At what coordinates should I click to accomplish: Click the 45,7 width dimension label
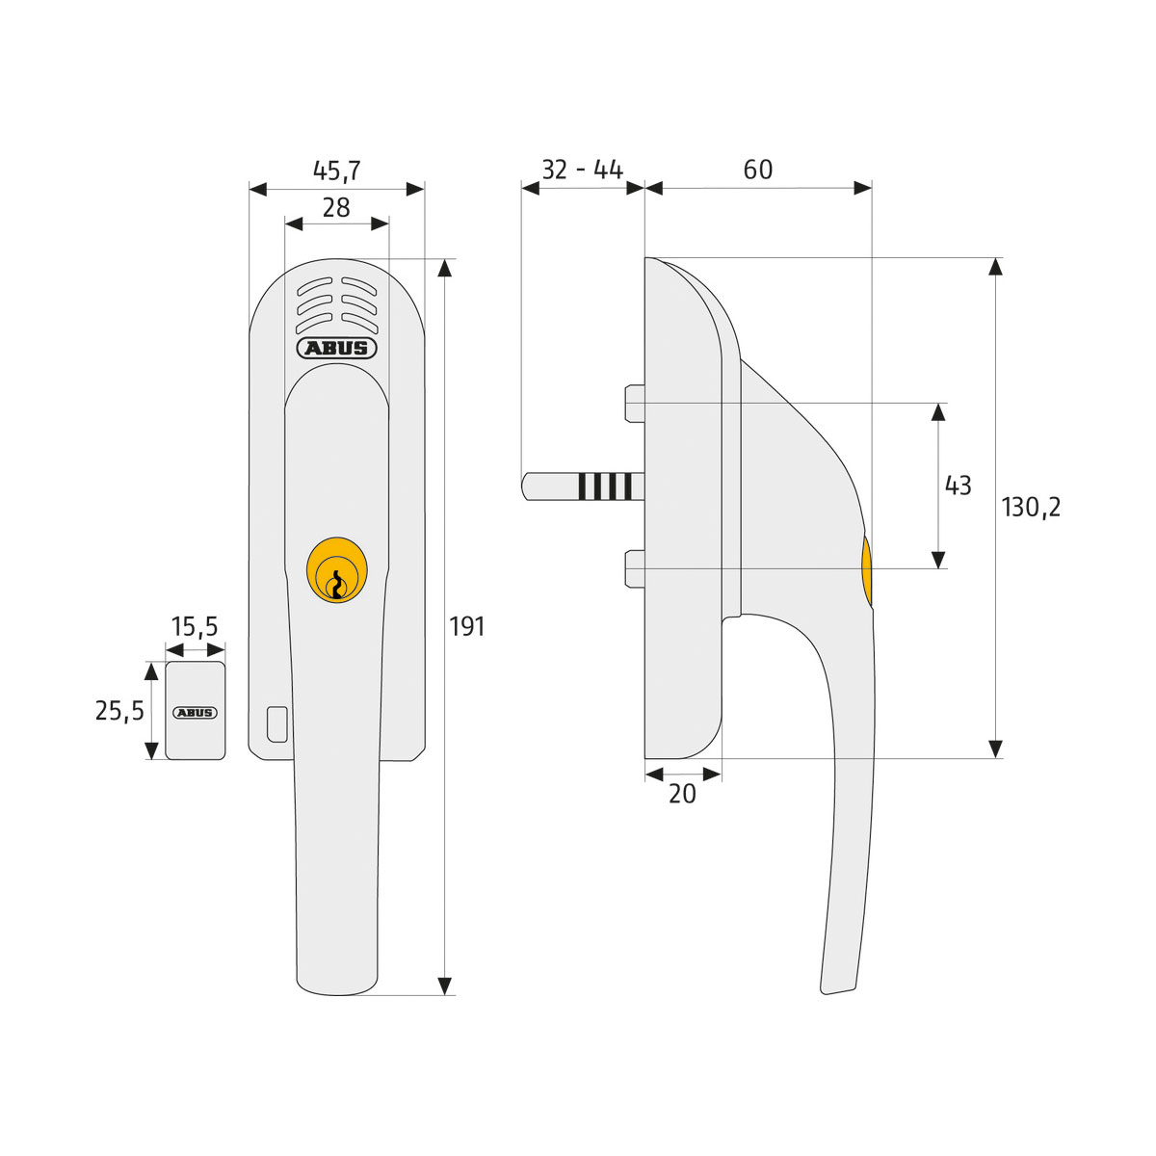pos(336,171)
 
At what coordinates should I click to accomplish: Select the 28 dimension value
pos(336,207)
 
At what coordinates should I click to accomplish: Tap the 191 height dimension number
pos(467,627)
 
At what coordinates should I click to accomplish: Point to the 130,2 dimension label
pos(1031,508)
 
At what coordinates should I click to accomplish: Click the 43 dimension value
pos(958,486)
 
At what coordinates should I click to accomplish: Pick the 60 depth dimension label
pos(758,170)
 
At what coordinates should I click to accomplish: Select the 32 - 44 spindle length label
pos(582,170)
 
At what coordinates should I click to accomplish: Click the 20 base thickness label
pos(682,795)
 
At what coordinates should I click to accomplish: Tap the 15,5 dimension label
pos(195,628)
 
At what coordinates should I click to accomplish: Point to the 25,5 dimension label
pos(119,711)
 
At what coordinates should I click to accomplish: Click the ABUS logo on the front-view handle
pos(336,348)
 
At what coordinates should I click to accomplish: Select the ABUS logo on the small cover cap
pos(196,713)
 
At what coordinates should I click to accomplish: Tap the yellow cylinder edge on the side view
pos(866,572)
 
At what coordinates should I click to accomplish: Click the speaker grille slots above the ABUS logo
pos(336,302)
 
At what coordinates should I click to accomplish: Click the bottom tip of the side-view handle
pos(836,986)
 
